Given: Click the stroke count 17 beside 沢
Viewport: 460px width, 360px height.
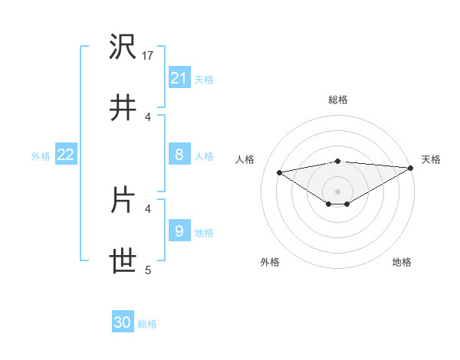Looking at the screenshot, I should [149, 56].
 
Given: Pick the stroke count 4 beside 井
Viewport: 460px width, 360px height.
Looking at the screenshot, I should [148, 116].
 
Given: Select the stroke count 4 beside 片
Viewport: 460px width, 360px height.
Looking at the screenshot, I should [148, 208].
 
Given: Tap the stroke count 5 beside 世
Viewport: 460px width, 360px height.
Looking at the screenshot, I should [148, 270].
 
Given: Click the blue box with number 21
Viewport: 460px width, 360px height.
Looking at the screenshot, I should [179, 78].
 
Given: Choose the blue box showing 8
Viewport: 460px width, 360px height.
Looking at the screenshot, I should [179, 155].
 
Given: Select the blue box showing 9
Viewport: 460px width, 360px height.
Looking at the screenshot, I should [179, 231].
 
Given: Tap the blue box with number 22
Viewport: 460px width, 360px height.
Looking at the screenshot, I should [66, 155].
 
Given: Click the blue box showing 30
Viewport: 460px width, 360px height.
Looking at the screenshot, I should [122, 322].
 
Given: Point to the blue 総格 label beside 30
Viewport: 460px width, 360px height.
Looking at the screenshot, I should [147, 324].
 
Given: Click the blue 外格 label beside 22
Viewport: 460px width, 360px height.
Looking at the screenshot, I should [41, 156].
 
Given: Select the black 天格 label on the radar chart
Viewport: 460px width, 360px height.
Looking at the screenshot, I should [432, 159].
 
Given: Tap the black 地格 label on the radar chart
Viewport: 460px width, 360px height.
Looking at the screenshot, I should [402, 263].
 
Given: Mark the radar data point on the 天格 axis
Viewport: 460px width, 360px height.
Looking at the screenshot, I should [412, 168].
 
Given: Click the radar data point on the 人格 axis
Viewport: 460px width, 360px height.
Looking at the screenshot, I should [280, 172].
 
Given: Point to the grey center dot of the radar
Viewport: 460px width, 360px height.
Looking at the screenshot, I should [337, 191].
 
